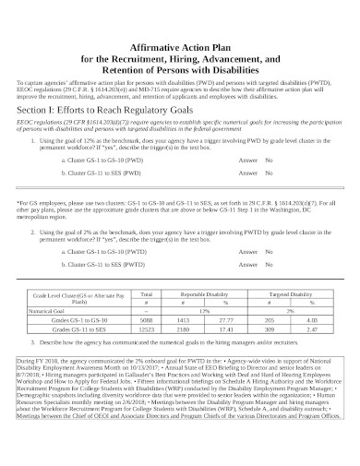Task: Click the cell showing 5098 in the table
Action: click(146, 318)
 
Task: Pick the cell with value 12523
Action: click(146, 328)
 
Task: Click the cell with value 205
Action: click(270, 318)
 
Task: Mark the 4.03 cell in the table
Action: click(313, 318)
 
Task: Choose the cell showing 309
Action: click(270, 328)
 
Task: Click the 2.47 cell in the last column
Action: click(313, 328)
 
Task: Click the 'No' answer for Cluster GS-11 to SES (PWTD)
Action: click(270, 265)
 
